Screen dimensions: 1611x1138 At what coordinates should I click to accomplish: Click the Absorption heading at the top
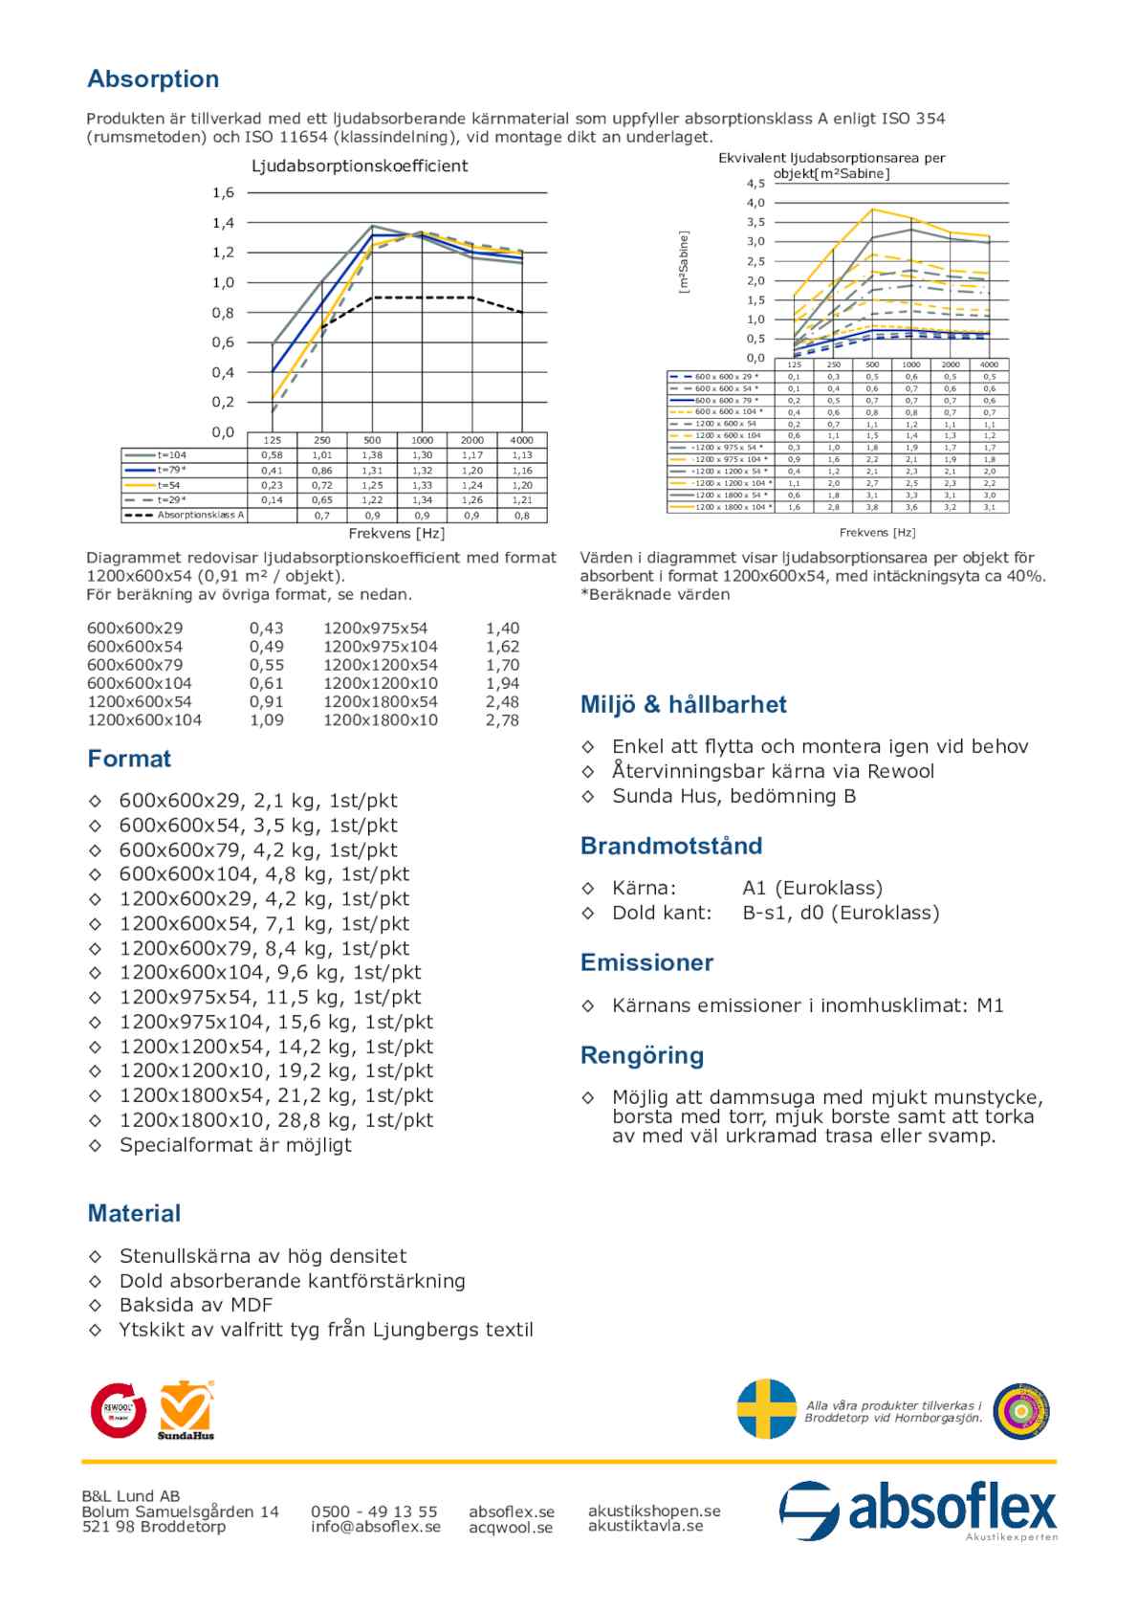[153, 79]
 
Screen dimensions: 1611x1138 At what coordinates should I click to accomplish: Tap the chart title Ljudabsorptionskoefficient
[360, 166]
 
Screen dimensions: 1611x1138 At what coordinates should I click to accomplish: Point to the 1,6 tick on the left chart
[223, 193]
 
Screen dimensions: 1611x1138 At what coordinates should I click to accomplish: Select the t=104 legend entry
[172, 455]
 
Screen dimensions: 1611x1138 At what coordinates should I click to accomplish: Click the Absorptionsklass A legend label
[201, 515]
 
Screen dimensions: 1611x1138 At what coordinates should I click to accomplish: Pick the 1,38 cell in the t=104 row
[372, 455]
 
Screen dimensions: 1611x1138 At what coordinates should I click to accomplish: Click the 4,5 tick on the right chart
[755, 183]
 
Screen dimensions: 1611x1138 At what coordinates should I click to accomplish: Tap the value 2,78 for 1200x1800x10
[502, 720]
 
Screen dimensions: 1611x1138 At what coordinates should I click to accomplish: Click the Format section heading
[129, 759]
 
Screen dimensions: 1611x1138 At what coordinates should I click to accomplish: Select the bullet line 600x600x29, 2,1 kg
[257, 801]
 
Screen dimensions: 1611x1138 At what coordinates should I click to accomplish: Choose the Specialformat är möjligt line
[235, 1145]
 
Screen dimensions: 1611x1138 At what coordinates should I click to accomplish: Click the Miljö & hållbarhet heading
[683, 705]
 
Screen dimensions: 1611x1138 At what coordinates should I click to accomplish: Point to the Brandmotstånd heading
[671, 846]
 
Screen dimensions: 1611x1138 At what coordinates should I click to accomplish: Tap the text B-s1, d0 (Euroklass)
[841, 913]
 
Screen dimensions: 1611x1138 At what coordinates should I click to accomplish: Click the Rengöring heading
[642, 1055]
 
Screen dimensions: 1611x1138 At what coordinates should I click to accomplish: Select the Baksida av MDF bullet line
[196, 1305]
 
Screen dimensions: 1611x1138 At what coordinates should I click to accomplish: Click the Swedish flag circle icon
[766, 1409]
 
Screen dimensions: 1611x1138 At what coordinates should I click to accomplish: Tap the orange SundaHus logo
[186, 1409]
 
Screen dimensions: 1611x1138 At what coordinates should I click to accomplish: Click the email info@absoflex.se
[376, 1527]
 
